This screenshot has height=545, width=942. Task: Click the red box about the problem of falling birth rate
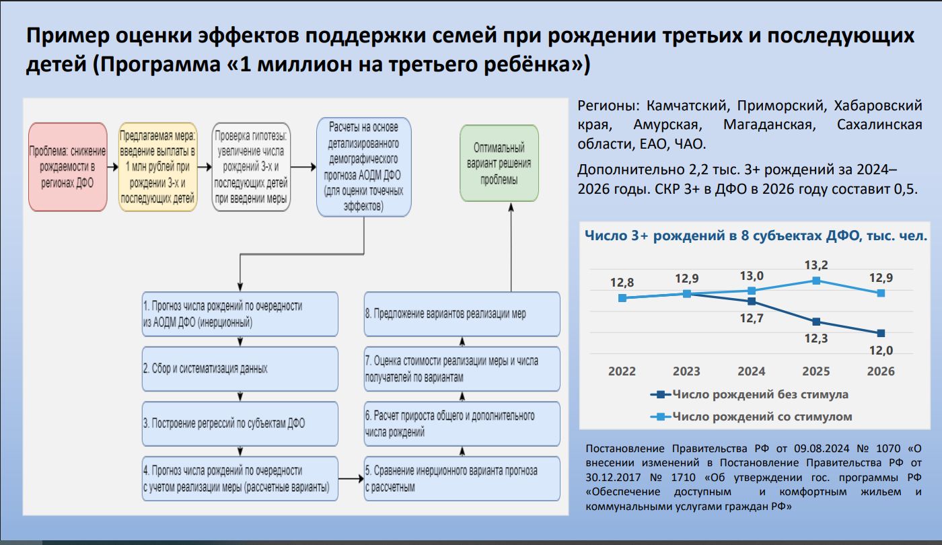point(68,167)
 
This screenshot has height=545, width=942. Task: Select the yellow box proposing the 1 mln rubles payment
point(157,167)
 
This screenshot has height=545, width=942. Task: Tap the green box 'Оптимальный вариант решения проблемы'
point(499,163)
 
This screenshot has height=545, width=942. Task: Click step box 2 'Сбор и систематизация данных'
point(240,369)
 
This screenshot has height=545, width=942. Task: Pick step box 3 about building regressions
point(240,423)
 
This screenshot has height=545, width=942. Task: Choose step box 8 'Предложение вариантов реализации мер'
point(462,314)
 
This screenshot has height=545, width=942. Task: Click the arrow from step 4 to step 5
point(351,478)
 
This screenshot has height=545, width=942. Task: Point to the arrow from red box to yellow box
point(113,167)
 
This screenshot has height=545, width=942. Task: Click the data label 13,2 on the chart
point(816,265)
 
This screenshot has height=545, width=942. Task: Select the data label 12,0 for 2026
point(881,351)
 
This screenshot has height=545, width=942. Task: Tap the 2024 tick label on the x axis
point(752,371)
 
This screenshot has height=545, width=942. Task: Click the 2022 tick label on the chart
point(622,371)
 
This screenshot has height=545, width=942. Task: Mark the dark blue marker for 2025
point(816,322)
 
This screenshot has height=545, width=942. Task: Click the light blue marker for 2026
point(881,293)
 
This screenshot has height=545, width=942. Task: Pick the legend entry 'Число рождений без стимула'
point(750,394)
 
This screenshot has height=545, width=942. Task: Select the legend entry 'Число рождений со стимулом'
point(751,416)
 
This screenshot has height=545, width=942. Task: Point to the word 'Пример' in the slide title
point(67,36)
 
